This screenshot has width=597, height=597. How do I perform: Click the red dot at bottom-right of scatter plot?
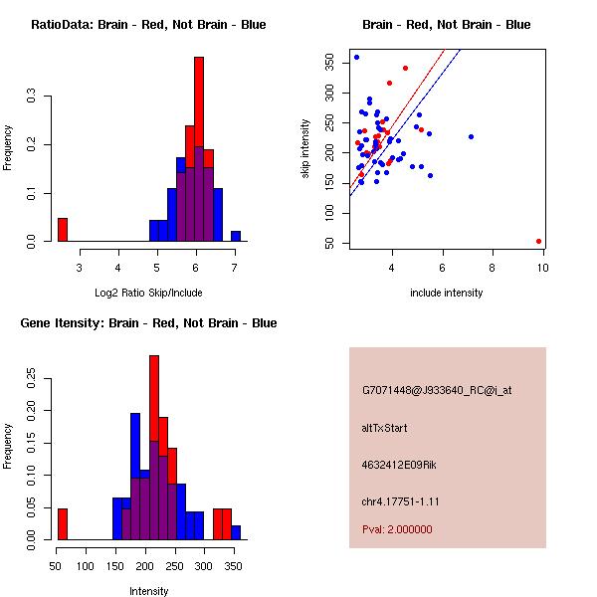[538, 241]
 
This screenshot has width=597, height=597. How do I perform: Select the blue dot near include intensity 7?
[471, 136]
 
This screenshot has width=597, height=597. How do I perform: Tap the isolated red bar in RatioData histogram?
[63, 230]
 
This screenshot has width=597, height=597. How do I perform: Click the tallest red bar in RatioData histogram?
[199, 101]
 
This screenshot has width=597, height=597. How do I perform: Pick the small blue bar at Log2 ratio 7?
[236, 236]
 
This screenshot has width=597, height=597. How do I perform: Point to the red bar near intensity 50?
[63, 524]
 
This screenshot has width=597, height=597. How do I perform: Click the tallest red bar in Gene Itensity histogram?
[154, 398]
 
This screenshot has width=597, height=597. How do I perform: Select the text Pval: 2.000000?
[397, 529]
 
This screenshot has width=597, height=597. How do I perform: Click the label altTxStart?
[384, 428]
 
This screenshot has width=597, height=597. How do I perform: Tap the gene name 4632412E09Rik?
[399, 465]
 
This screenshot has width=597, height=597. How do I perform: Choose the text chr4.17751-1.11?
[401, 501]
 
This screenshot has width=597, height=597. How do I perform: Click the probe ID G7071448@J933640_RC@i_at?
[437, 391]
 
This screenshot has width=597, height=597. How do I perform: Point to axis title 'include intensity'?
[446, 293]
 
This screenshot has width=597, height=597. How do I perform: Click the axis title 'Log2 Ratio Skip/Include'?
[148, 293]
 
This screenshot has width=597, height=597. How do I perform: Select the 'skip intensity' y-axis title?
[305, 148]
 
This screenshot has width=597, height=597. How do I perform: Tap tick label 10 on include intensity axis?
[543, 268]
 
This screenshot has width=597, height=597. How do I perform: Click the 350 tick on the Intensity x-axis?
[234, 566]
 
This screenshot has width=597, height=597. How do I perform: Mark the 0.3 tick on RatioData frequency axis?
[31, 96]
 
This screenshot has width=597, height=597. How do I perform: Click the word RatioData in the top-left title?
[62, 25]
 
